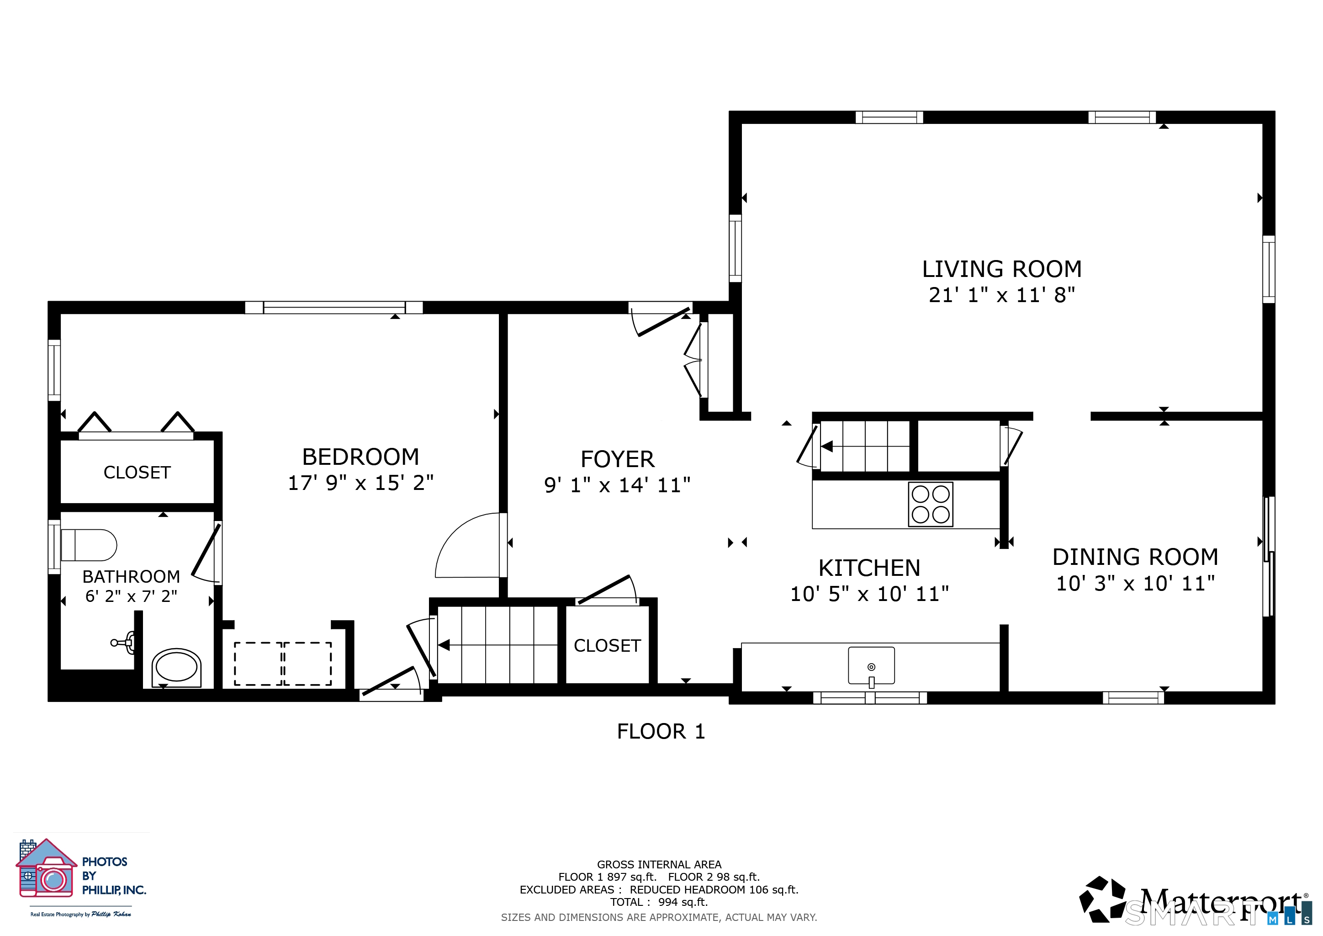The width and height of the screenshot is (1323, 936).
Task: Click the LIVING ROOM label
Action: tap(1001, 269)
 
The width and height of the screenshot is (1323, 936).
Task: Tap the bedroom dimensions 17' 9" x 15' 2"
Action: tap(361, 483)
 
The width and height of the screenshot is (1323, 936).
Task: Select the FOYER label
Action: tap(617, 459)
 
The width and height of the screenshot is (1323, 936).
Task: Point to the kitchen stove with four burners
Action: tap(931, 504)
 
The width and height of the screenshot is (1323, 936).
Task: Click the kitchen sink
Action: tap(871, 666)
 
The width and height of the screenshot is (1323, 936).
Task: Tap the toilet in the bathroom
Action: tap(89, 545)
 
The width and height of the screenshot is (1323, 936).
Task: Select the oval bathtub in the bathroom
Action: tap(176, 667)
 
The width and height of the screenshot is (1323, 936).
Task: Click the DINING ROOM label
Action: tap(1135, 557)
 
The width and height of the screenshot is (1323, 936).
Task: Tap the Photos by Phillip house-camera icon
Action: tap(46, 868)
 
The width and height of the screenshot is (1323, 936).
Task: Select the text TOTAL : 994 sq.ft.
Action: tap(659, 902)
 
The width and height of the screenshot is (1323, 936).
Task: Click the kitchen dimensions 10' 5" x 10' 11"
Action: tap(869, 594)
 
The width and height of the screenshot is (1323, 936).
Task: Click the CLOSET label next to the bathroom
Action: tap(137, 473)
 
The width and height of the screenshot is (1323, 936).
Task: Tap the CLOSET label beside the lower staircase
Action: tap(607, 645)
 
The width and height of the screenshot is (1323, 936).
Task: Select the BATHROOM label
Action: tap(132, 576)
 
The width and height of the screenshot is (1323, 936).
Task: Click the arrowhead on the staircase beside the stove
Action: tap(827, 447)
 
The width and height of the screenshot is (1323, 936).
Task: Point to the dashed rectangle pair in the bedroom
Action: tap(283, 664)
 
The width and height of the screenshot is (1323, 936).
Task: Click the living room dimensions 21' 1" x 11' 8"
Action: tap(1002, 295)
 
